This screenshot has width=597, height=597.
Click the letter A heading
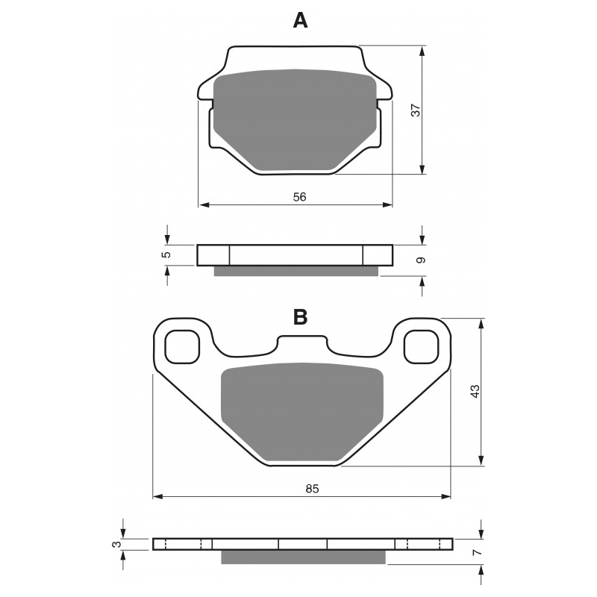pyautogui.click(x=300, y=21)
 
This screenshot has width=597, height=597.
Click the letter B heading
pyautogui.click(x=301, y=316)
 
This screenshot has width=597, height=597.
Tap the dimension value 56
pyautogui.click(x=300, y=197)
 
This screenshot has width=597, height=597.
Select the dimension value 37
pyautogui.click(x=416, y=110)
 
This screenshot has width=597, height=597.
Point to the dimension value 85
pyautogui.click(x=312, y=489)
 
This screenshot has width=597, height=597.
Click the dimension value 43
pyautogui.click(x=475, y=391)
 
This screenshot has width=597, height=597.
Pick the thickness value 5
pyautogui.click(x=166, y=254)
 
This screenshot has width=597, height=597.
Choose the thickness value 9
pyautogui.click(x=420, y=260)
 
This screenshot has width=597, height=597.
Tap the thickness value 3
pyautogui.click(x=118, y=544)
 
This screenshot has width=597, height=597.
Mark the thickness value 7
pyautogui.click(x=478, y=551)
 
